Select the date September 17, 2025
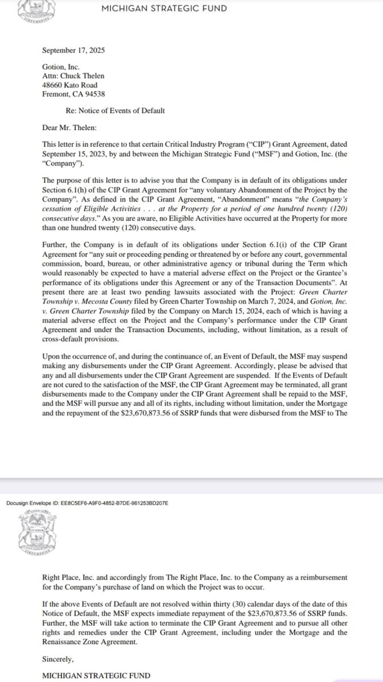(x=73, y=50)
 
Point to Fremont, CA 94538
(x=73, y=94)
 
